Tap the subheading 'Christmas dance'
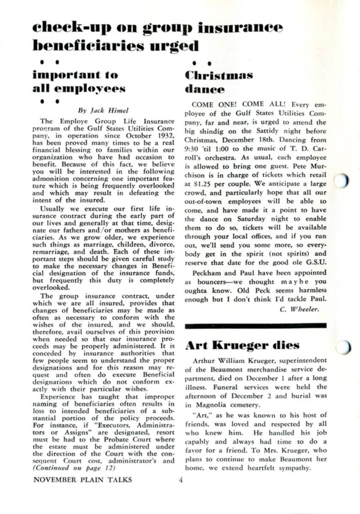coord(219,82)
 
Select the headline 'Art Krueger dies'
coord(242,346)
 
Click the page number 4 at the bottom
coord(181,480)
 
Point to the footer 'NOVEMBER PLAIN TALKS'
coord(83,480)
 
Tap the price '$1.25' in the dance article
coord(199,175)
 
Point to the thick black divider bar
coord(255,326)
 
